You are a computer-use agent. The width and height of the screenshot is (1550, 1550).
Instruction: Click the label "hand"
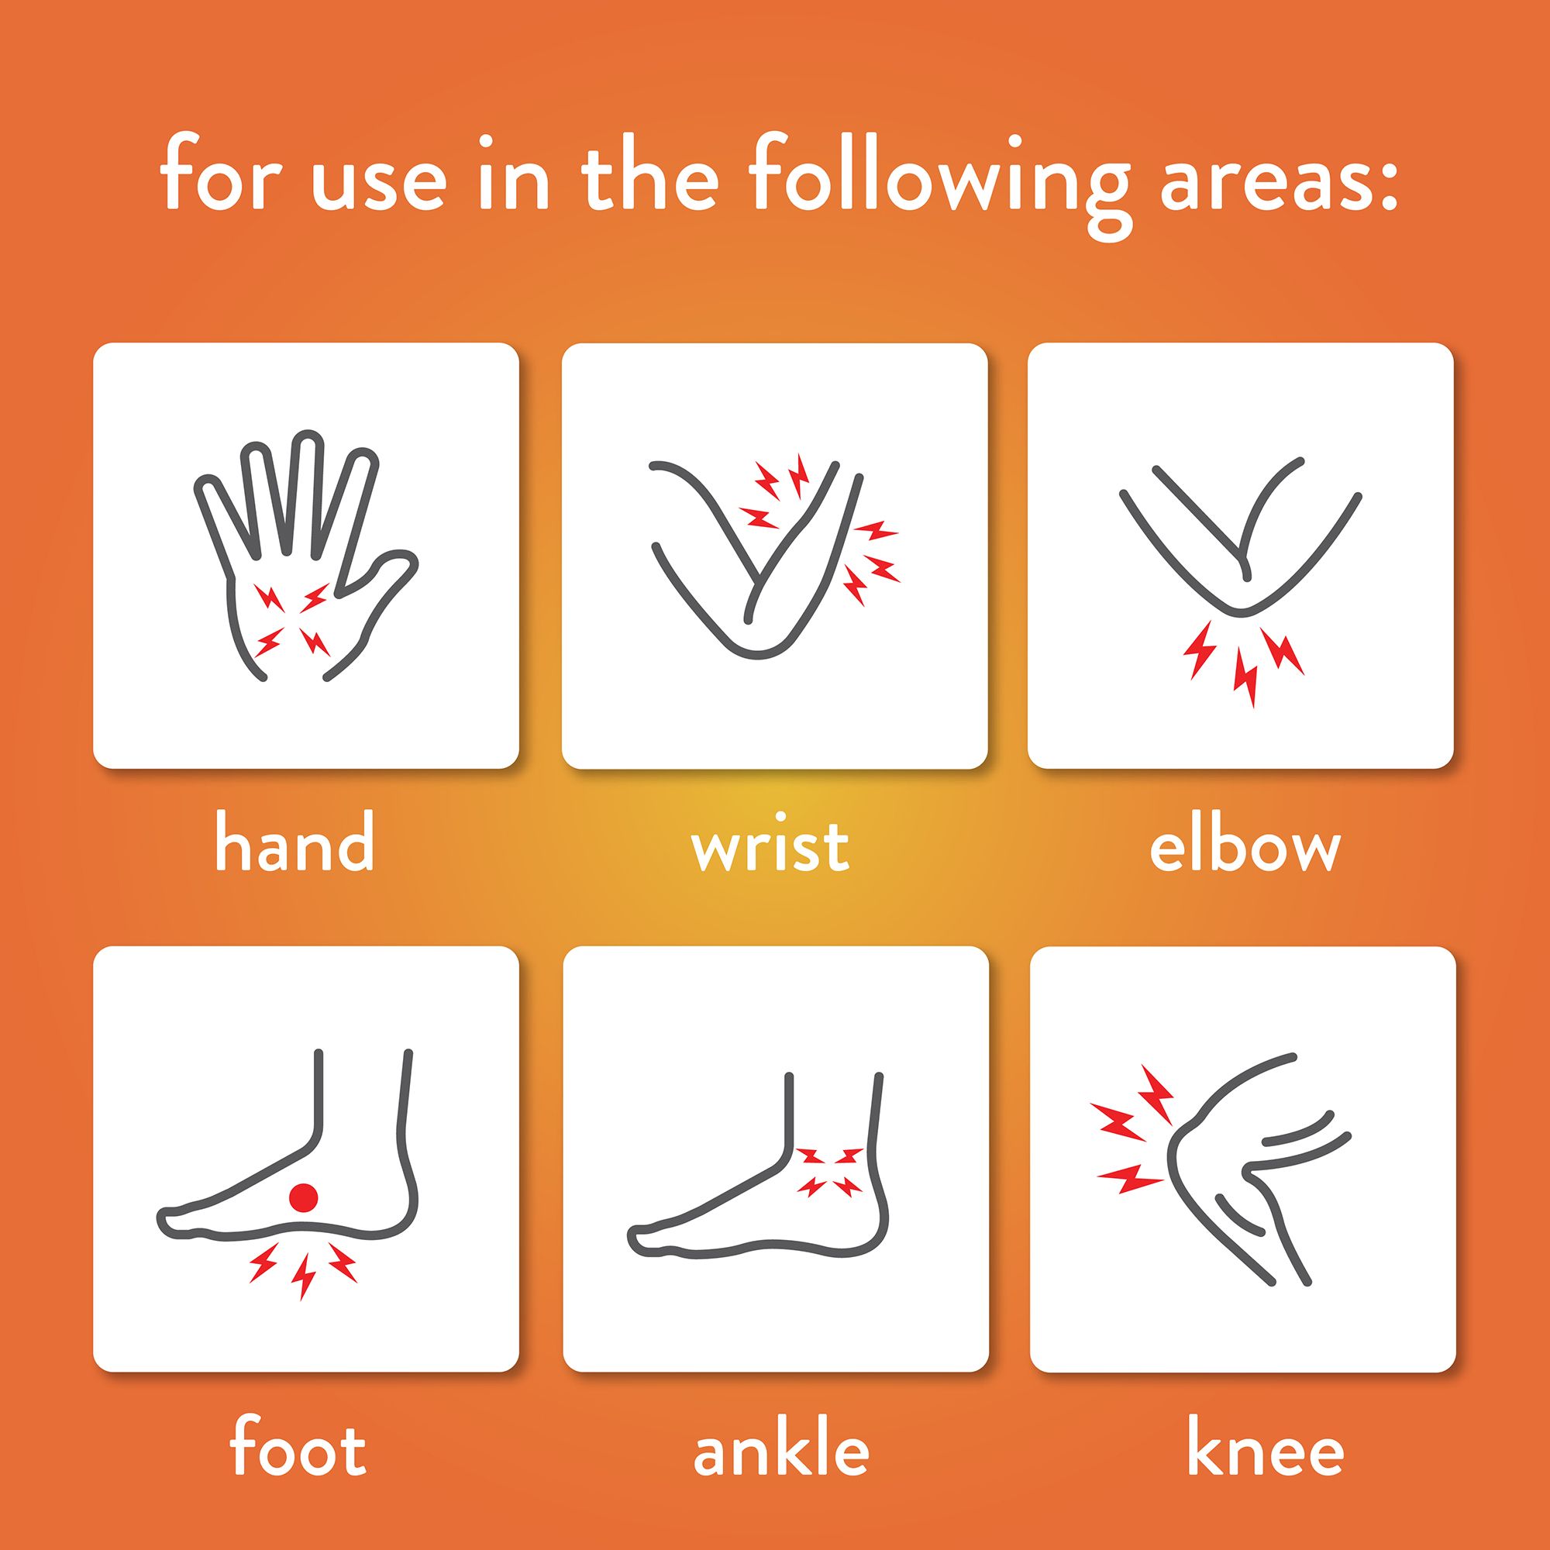(295, 842)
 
